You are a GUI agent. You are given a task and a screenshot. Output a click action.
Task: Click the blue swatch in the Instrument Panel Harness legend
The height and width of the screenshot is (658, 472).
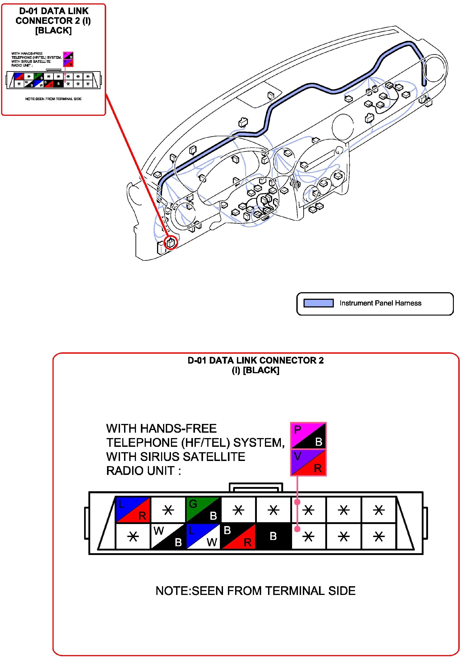(318, 303)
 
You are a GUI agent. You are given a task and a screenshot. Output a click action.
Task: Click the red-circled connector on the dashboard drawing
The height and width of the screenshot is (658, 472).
(171, 242)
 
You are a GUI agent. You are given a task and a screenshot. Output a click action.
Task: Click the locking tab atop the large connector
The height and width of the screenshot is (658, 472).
(256, 488)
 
